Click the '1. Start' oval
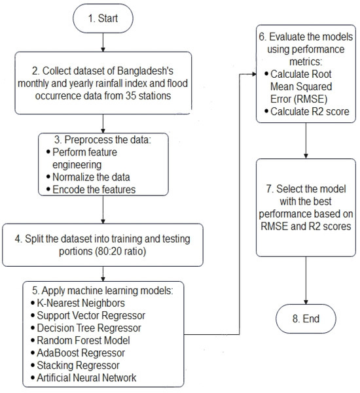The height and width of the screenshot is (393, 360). (x=104, y=19)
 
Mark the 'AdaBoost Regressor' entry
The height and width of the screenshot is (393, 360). (x=81, y=352)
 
